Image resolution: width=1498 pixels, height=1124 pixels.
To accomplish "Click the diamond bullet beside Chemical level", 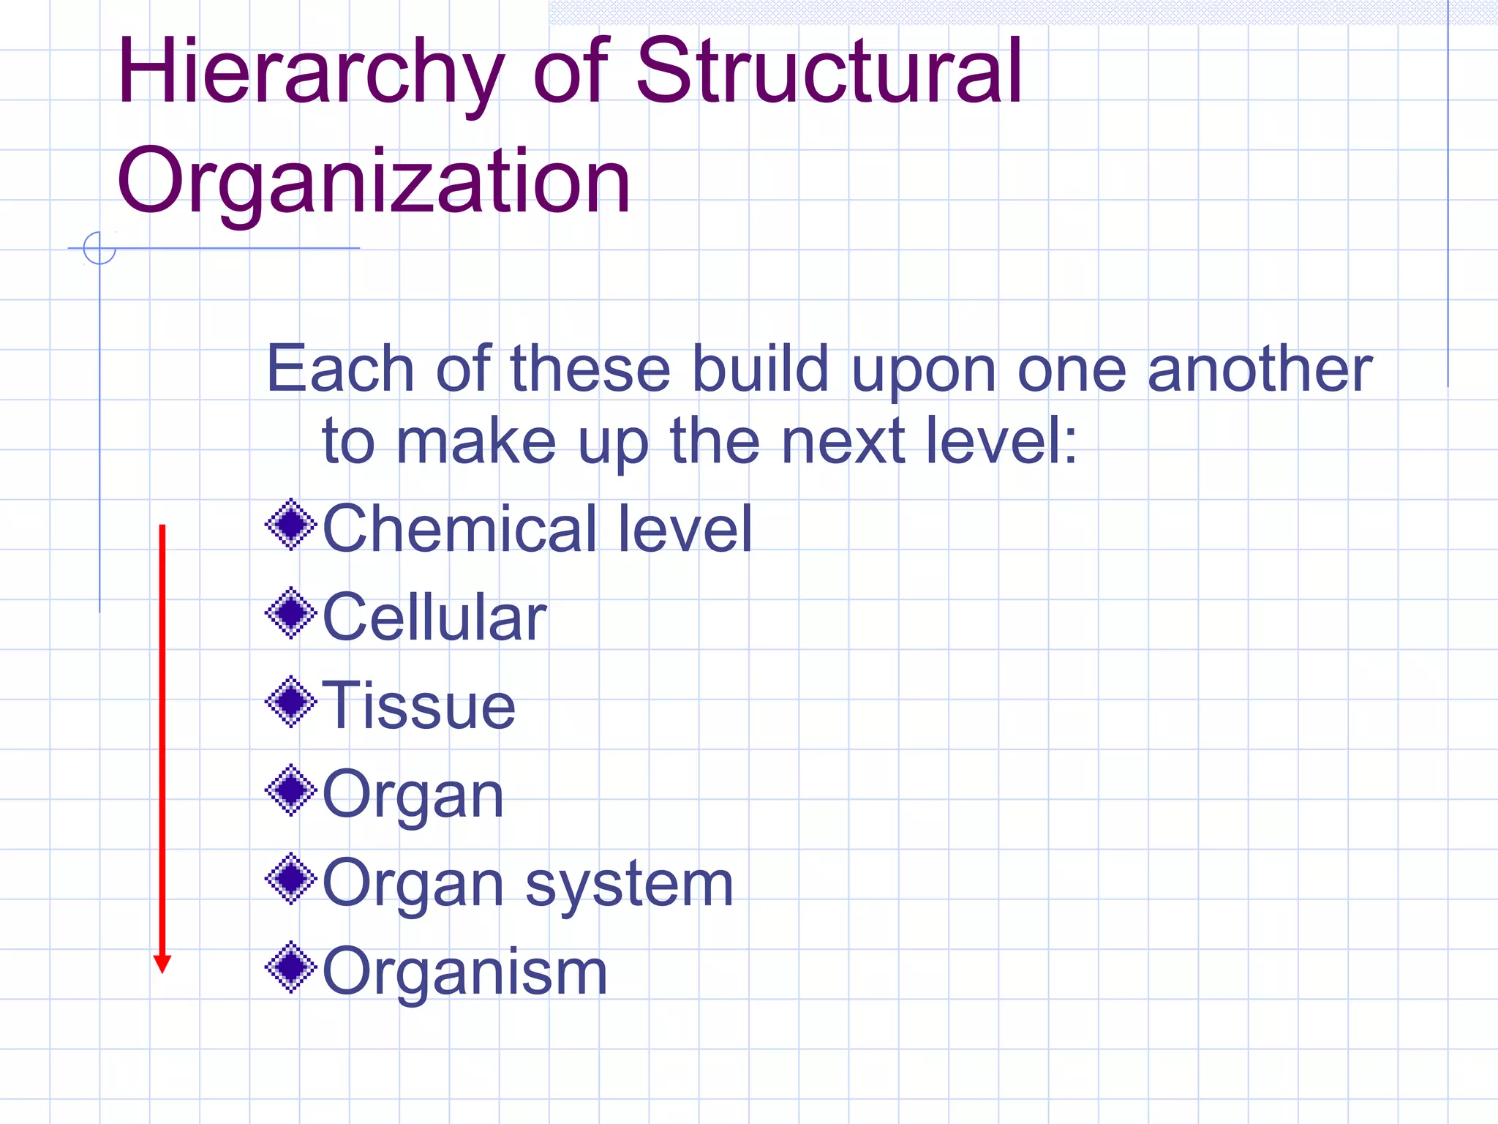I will (x=291, y=524).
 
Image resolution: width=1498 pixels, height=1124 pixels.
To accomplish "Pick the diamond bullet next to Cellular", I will (x=291, y=613).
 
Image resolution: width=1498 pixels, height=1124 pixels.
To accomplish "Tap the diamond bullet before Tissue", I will (x=291, y=702).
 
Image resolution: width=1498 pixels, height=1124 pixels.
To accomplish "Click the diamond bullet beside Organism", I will (x=291, y=967).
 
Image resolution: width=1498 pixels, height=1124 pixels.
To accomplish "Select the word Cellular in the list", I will (x=434, y=618).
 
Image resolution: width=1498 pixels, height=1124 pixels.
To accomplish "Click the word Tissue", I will (x=419, y=705).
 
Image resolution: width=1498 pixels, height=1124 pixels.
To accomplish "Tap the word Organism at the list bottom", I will (x=465, y=972).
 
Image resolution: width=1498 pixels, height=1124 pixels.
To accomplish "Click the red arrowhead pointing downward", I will (x=162, y=964).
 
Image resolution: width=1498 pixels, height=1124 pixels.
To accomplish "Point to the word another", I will (x=1260, y=370).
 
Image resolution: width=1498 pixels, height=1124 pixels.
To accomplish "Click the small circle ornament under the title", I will (x=99, y=248).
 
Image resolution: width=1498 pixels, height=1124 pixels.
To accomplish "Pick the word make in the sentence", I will (x=476, y=441).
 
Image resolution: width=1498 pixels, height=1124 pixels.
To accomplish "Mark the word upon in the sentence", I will (x=924, y=371).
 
